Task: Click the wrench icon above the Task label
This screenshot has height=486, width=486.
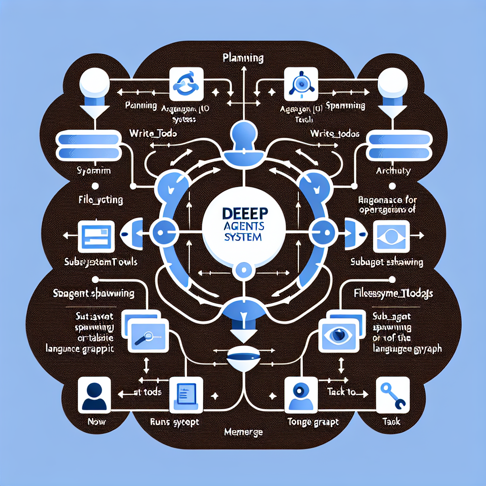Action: [x=393, y=394]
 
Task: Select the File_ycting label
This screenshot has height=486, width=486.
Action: [x=100, y=200]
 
